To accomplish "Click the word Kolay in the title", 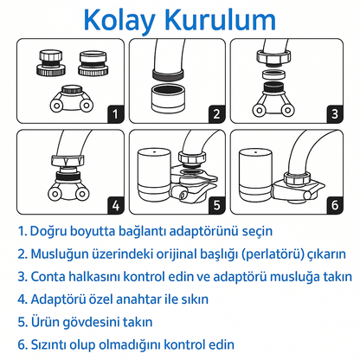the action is [x=119, y=21].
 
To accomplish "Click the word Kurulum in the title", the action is [x=221, y=20].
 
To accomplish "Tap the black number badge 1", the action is [x=116, y=114].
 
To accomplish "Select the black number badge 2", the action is [x=216, y=114].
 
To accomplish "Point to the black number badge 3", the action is [x=335, y=114].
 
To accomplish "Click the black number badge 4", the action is [x=116, y=205].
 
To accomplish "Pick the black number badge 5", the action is [x=216, y=205].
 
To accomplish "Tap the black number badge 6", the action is [x=335, y=205].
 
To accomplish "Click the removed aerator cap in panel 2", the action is [x=168, y=99].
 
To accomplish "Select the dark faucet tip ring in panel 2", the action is [x=168, y=74].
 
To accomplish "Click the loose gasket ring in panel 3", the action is [x=273, y=74].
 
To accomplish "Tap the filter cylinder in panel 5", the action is [x=154, y=174].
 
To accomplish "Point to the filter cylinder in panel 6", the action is [x=255, y=174].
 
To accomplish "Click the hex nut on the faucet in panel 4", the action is [x=67, y=160].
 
